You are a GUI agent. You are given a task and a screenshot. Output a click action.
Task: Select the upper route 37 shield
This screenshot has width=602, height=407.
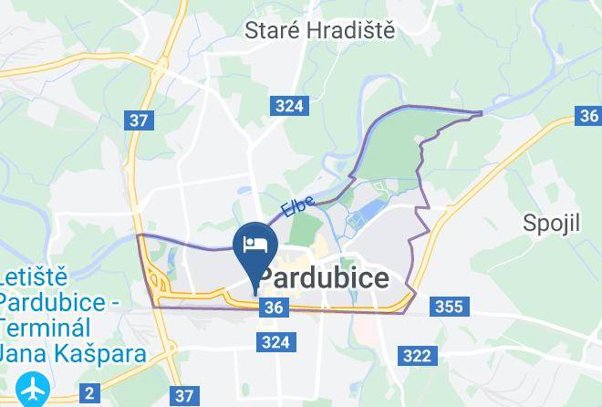coord(140,120)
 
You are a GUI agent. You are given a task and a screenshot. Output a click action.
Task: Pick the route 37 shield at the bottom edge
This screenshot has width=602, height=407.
coord(184,395)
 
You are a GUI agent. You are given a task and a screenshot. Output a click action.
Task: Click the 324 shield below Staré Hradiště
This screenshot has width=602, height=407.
coord(288,106)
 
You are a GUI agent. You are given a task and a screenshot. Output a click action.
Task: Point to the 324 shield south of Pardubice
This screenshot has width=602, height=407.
coord(275,342)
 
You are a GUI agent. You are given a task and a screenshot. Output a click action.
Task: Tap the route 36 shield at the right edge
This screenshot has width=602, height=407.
coord(589,116)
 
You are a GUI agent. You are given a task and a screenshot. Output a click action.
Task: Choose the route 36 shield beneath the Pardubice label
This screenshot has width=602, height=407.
coord(273,308)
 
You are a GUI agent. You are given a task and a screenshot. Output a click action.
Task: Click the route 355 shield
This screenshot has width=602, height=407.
coord(449,307)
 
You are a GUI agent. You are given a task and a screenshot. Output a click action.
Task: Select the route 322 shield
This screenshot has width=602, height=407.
coord(417,356)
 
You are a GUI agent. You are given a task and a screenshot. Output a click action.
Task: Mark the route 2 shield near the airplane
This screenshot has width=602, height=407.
coord(88,394)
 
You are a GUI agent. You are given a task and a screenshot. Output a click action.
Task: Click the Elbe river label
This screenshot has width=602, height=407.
coord(297,208)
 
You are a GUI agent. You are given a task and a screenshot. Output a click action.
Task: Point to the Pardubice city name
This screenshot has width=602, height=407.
coord(324,277)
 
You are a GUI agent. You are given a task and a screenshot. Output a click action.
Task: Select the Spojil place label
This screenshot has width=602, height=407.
coord(552,223)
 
